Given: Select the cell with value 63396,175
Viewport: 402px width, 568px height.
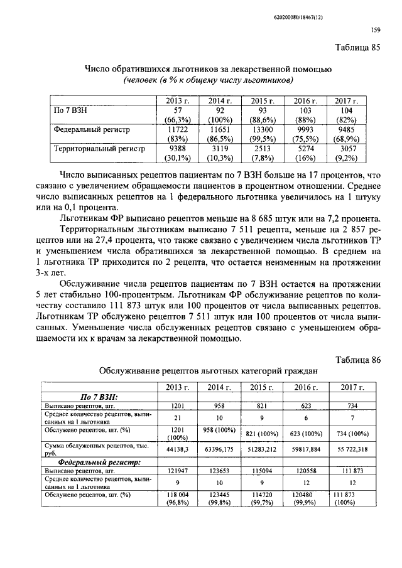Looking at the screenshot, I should click(219, 449).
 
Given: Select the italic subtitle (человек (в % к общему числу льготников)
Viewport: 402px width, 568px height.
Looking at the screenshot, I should click(209, 80).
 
